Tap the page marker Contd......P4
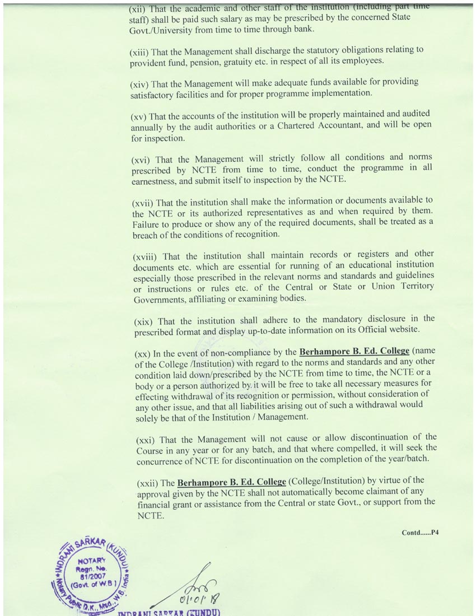click(x=419, y=533)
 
